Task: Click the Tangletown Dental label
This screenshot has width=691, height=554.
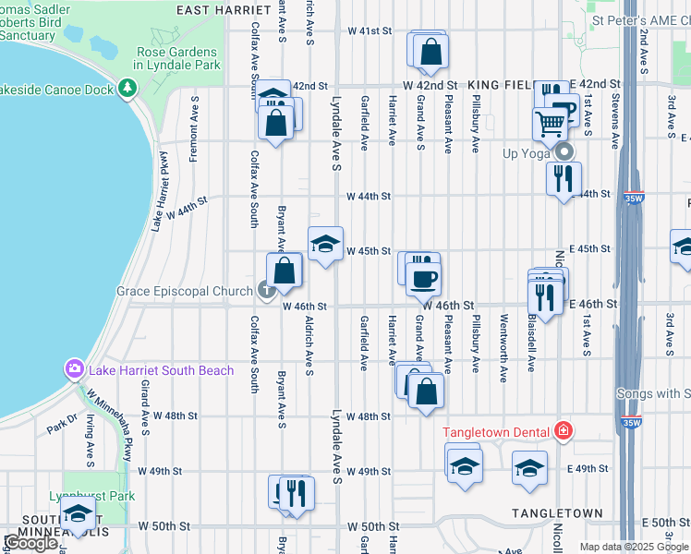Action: point(496,432)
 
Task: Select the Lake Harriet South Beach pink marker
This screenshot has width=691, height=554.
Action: point(74,370)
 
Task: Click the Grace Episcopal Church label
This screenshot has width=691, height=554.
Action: point(185,292)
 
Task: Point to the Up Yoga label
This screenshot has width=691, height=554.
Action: point(526,153)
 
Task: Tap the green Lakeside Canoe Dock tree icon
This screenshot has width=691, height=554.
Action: point(127,89)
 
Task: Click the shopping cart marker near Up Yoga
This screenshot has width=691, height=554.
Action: point(550,123)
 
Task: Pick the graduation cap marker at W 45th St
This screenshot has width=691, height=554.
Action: point(324,244)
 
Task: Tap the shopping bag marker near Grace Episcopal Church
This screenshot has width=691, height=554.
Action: point(285,271)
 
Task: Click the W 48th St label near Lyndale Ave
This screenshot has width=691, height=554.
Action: point(370,416)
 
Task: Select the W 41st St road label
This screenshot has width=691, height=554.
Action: point(370,30)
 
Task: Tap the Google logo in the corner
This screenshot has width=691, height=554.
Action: point(30,543)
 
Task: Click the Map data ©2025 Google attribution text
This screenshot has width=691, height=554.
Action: point(632,547)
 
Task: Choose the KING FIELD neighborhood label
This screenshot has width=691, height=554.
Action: point(499,85)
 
